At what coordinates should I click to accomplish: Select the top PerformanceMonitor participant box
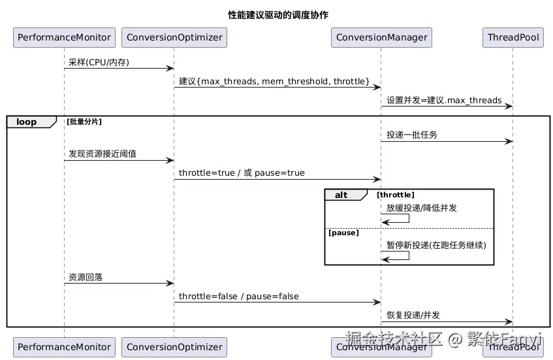point(64,37)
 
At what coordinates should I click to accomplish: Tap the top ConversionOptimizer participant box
point(174,37)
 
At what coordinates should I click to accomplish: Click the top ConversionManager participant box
point(381,37)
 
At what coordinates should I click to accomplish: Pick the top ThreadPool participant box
point(513,37)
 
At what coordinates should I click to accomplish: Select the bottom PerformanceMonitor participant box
point(64,347)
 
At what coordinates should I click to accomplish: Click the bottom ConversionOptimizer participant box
point(174,347)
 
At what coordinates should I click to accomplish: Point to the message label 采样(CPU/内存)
point(99,62)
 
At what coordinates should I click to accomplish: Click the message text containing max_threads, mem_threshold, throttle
point(274,81)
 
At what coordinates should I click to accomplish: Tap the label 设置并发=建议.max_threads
point(444,101)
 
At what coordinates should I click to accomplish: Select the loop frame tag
point(27,122)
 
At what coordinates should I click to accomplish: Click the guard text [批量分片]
point(84,122)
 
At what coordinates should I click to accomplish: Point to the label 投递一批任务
point(412,135)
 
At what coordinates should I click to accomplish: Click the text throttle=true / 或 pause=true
point(242,173)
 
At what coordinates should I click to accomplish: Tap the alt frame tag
point(341,195)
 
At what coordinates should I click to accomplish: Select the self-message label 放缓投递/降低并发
point(421,208)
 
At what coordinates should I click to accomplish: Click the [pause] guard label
point(343,233)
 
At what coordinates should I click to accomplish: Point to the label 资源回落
point(86,277)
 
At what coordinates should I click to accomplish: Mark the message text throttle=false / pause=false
point(239,296)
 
